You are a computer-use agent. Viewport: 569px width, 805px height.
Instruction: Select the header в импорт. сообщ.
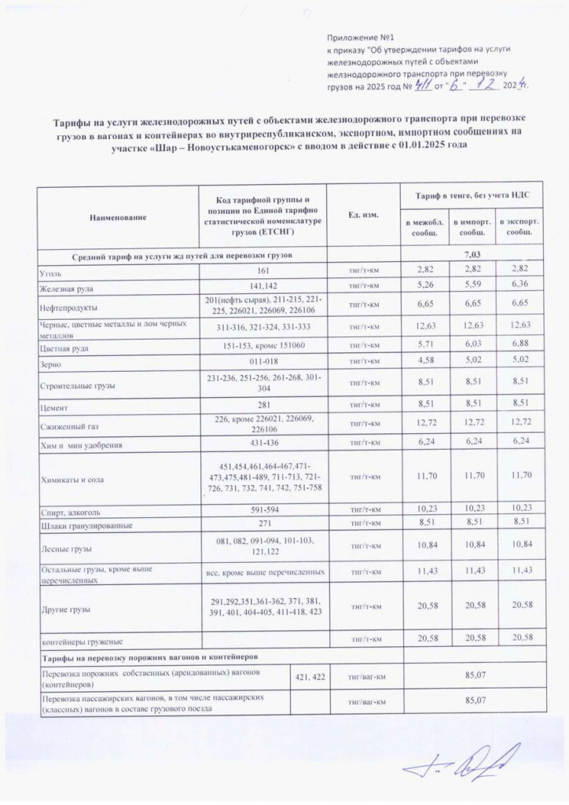[472, 229]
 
